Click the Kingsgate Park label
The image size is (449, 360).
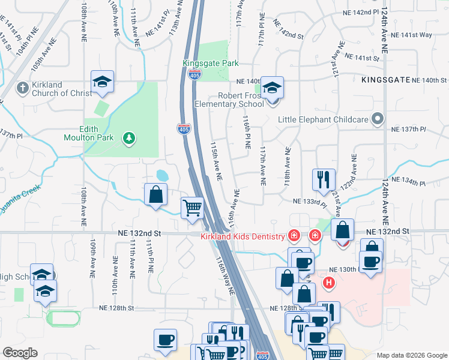click(x=211, y=63)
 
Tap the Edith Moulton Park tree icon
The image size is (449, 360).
click(x=128, y=139)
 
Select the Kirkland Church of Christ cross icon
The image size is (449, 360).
click(x=22, y=88)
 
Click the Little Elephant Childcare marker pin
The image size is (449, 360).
click(x=377, y=118)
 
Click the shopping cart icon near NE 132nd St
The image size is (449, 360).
click(x=192, y=209)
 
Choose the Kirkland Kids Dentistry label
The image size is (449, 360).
click(x=242, y=236)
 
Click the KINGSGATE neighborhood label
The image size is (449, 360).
click(x=385, y=79)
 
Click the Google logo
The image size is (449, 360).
click(x=20, y=353)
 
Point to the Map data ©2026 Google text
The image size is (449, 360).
click(x=412, y=355)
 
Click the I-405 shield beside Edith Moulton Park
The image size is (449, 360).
click(x=184, y=129)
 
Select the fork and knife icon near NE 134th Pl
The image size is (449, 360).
click(x=324, y=179)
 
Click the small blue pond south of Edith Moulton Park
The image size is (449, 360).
click(x=163, y=176)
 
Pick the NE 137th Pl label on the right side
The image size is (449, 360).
click(x=408, y=130)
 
